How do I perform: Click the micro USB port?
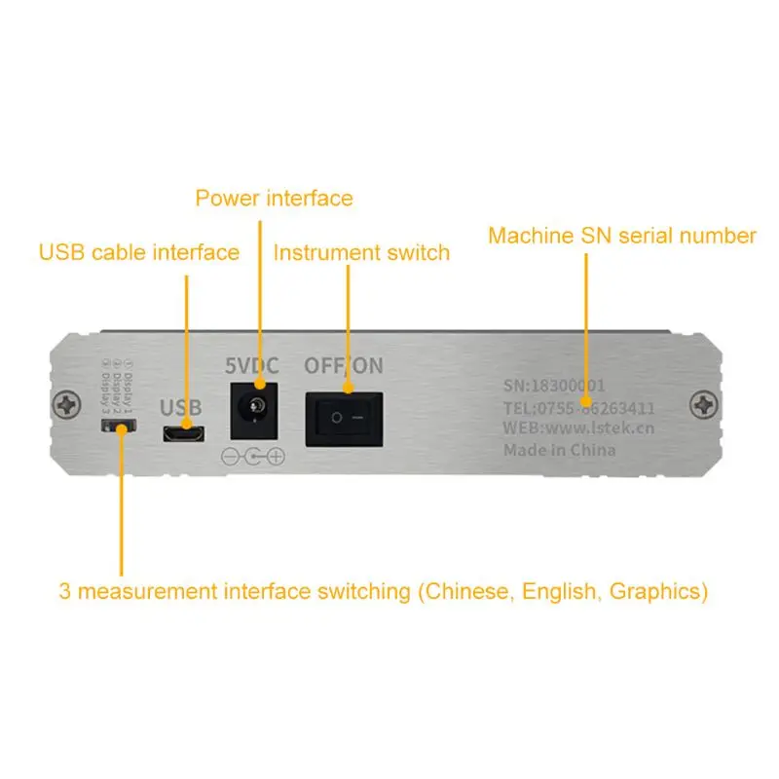click(183, 433)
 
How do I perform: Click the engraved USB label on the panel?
click(180, 407)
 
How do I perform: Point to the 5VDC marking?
click(252, 367)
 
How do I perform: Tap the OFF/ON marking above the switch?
click(344, 367)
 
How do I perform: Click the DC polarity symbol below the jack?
click(253, 456)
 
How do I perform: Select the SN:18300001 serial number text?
click(554, 386)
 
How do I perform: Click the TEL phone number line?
click(578, 407)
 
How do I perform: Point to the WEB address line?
click(578, 427)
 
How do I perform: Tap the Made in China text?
click(559, 449)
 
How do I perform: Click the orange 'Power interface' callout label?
click(274, 199)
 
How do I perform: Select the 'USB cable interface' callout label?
click(139, 253)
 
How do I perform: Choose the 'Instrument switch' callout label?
click(361, 253)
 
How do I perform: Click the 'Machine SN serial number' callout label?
click(621, 236)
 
